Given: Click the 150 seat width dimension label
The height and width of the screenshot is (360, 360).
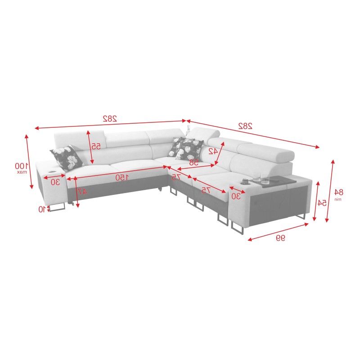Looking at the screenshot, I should coord(121,177).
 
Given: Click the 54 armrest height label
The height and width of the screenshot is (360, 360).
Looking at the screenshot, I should coord(322,203).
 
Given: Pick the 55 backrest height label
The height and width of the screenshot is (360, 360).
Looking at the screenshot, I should coord(96,147).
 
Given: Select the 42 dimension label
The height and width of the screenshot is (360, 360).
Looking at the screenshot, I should coord(212,152).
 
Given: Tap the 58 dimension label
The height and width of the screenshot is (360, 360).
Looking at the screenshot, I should coord(194,162).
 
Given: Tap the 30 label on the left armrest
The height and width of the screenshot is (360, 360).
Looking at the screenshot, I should coord(55,182).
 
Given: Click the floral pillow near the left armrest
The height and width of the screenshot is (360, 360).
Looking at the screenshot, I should coord(67,156).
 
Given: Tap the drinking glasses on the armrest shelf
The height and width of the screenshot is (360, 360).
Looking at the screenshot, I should coord(261,179).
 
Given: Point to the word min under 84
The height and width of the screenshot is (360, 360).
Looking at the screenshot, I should coord(338,198).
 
